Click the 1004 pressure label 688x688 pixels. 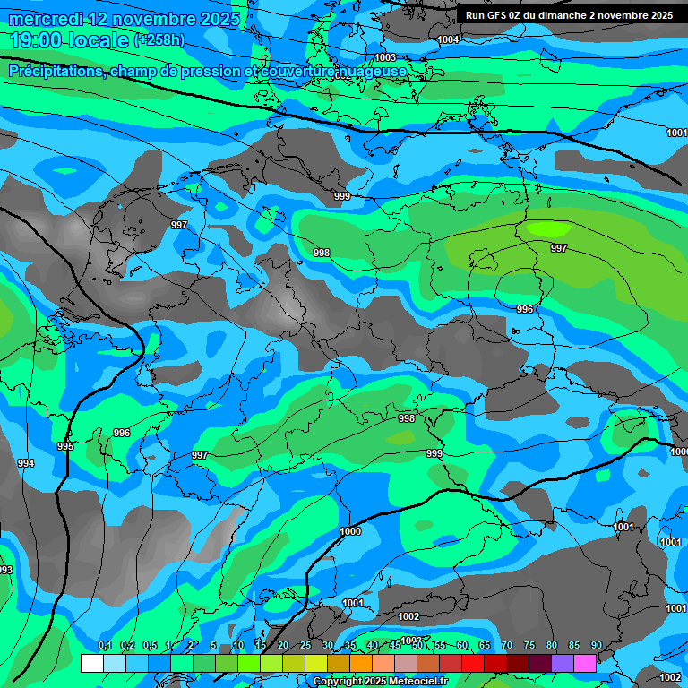449,39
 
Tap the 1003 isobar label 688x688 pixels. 385,56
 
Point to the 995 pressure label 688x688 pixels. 65,446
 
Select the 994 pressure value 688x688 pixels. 26,463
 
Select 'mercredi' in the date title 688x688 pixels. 46,19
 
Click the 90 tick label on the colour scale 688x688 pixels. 596,646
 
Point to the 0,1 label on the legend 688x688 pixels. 104,646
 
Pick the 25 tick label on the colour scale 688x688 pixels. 305,646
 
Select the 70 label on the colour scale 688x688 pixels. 506,646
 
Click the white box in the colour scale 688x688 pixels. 92,663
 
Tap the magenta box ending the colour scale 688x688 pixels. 585,663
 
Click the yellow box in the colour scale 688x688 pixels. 316,663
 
